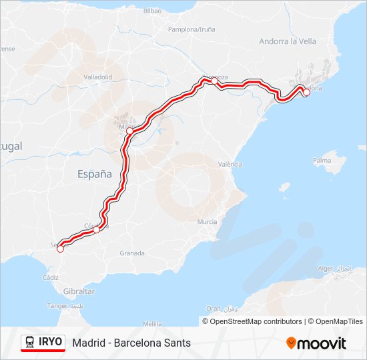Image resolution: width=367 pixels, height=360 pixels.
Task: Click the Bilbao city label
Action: click(x=152, y=11)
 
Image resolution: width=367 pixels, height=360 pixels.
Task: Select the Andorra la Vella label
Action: click(x=288, y=41)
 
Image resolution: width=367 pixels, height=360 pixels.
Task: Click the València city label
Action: click(x=230, y=164)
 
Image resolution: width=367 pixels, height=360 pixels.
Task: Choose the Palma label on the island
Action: click(x=322, y=161)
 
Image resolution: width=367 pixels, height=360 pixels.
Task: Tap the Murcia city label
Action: click(x=208, y=221)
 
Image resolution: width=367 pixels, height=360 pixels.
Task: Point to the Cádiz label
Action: click(x=50, y=277)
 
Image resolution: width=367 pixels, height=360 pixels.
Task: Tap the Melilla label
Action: click(x=152, y=323)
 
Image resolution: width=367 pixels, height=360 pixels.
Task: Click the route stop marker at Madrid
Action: click(x=129, y=131)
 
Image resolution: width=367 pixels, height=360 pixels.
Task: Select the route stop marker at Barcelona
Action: click(x=306, y=93)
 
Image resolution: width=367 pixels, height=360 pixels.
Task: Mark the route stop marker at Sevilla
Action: click(x=60, y=249)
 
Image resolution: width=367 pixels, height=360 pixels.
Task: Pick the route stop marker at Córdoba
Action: click(x=96, y=229)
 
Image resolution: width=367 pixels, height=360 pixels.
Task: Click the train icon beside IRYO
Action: click(x=30, y=342)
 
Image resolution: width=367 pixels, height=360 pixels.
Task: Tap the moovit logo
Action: click(x=316, y=343)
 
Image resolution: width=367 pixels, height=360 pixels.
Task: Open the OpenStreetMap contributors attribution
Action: click(x=253, y=321)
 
